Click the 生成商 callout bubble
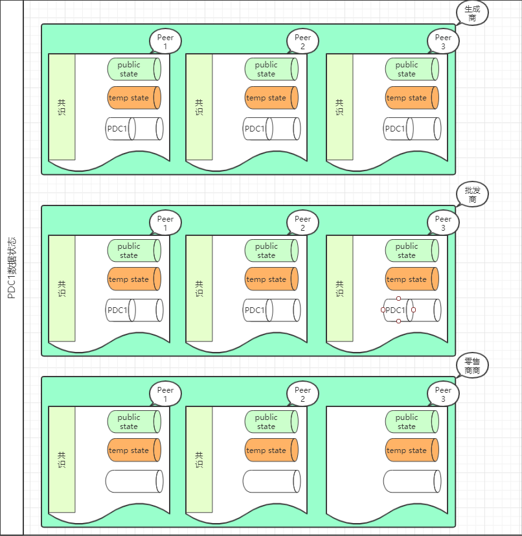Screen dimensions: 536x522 (x=472, y=12)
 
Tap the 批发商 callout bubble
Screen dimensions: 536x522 (x=472, y=194)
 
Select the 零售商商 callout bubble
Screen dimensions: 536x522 (x=472, y=366)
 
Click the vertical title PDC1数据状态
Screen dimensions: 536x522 (x=12, y=268)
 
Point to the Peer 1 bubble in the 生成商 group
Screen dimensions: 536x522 (x=165, y=42)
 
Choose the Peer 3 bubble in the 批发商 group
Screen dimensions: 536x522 (x=443, y=224)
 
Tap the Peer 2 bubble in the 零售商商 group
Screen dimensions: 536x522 (x=302, y=395)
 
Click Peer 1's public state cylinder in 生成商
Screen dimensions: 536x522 (x=133, y=69)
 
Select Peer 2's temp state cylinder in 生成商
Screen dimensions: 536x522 (x=271, y=98)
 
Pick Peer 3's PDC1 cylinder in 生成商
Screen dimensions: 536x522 (x=411, y=129)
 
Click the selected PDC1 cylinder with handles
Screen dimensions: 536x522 (x=398, y=310)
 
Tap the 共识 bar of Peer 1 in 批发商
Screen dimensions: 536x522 (x=62, y=288)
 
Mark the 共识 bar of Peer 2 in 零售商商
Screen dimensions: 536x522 (x=199, y=460)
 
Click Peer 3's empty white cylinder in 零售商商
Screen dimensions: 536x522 (x=411, y=482)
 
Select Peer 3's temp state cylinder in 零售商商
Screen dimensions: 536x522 (x=411, y=450)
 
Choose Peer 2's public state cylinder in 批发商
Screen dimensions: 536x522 (x=271, y=251)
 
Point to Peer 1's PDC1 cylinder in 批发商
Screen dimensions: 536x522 (x=133, y=310)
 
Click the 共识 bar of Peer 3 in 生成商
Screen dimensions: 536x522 (x=340, y=107)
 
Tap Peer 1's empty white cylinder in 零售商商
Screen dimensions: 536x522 (x=133, y=482)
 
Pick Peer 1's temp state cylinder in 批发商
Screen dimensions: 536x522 (x=133, y=279)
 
